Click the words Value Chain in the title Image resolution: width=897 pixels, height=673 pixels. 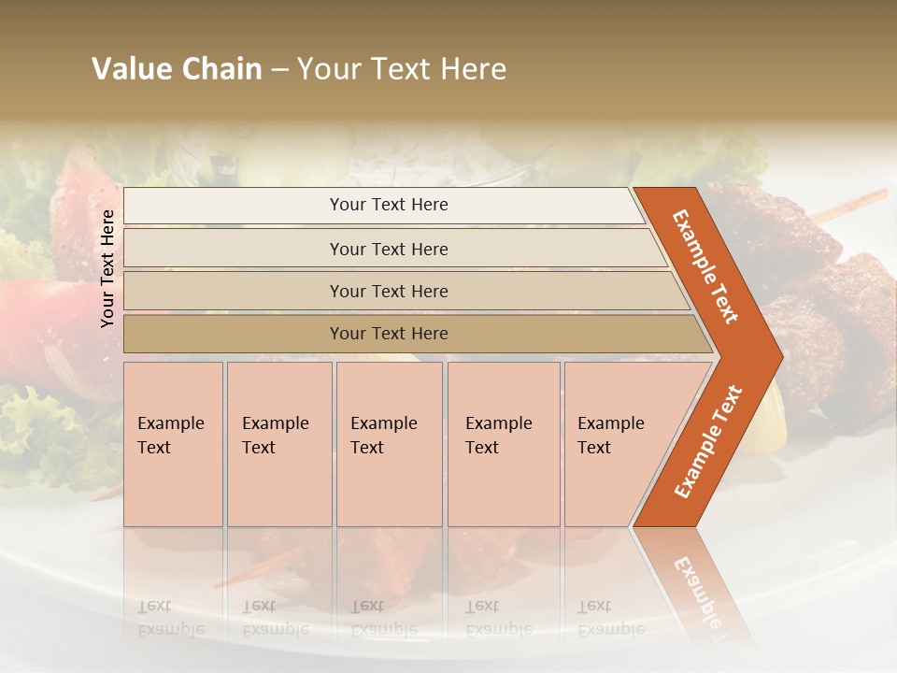point(177,69)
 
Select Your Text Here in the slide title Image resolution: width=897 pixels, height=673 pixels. point(402,69)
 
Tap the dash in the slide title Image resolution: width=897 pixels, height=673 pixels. point(279,70)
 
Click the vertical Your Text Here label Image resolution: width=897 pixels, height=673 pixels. point(107,268)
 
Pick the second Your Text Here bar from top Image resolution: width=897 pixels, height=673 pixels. point(389,249)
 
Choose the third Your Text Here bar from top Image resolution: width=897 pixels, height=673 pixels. point(389,291)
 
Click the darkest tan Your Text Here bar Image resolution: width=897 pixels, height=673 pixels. point(389,334)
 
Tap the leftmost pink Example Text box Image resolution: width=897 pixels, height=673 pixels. point(173,444)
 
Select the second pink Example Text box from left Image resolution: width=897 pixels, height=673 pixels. point(279,444)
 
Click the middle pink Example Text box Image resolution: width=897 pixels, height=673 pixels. point(389,444)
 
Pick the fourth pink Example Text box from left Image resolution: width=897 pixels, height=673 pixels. point(504,444)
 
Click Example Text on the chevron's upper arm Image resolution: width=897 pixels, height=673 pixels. point(705,266)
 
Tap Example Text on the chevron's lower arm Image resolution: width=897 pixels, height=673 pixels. point(708,442)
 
